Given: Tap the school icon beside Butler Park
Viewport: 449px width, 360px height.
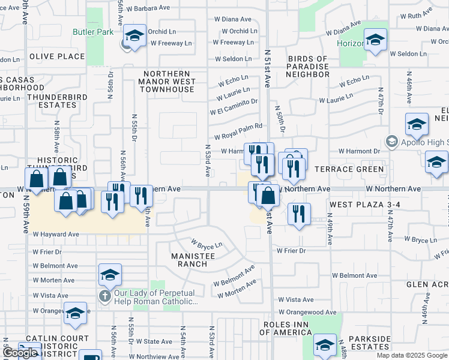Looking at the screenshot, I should pos(135,37).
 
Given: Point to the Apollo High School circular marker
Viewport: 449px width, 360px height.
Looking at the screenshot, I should pos(392,142).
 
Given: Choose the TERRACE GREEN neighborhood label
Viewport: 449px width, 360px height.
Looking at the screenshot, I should pos(349,169).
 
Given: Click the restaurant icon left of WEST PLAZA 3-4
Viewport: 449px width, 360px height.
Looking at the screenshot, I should pos(299,214).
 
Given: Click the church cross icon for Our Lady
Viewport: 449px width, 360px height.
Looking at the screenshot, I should pos(104,296).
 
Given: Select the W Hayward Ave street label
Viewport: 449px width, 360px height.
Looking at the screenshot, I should pos(56,234).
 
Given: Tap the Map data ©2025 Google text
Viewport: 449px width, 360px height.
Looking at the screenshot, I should pos(411,355).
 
